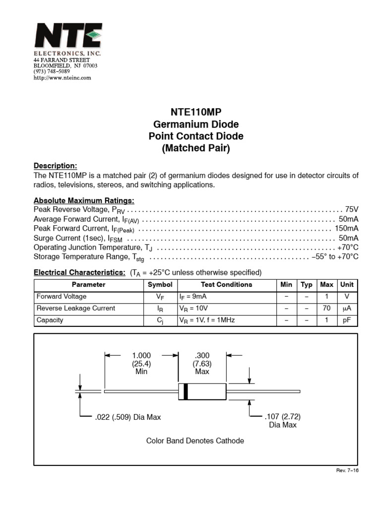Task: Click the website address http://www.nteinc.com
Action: [62, 78]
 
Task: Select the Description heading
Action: [55, 166]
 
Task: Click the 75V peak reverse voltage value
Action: [351, 210]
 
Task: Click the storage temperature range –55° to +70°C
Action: [335, 257]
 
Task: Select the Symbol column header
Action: [160, 285]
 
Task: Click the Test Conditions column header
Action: [226, 285]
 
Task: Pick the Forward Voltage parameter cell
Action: [62, 297]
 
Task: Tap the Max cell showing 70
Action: [326, 309]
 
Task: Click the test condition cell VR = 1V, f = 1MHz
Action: [207, 320]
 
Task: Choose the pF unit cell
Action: [346, 320]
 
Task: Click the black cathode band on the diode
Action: [186, 391]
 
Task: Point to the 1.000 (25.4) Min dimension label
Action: [141, 363]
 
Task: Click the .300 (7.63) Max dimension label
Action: [202, 363]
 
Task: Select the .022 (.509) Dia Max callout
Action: [127, 417]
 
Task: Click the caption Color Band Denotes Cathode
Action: [195, 441]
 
